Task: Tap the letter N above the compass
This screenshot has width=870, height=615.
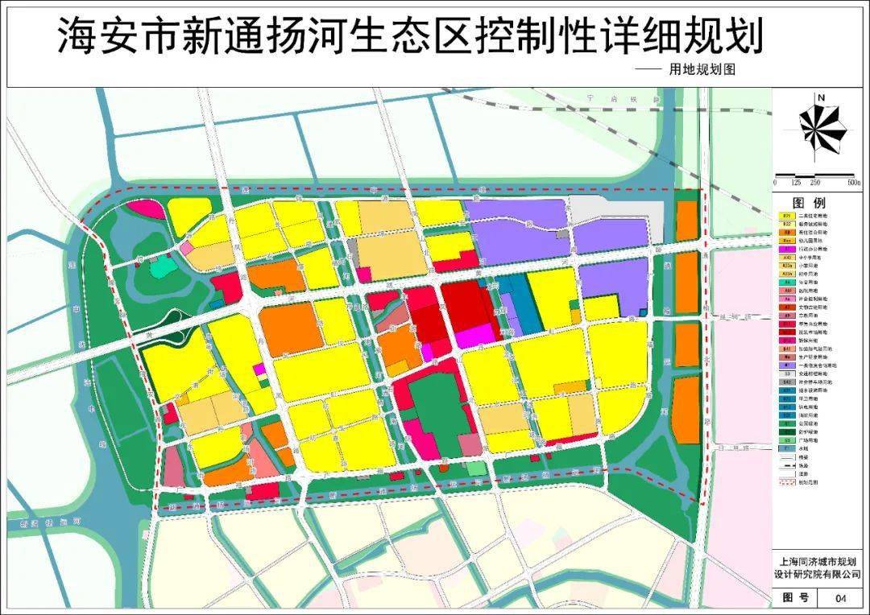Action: pos(820,98)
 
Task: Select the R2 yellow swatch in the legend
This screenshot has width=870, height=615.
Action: pos(787,216)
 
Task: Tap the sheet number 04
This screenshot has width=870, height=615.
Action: pos(841,599)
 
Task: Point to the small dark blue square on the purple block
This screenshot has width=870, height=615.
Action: pos(642,311)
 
